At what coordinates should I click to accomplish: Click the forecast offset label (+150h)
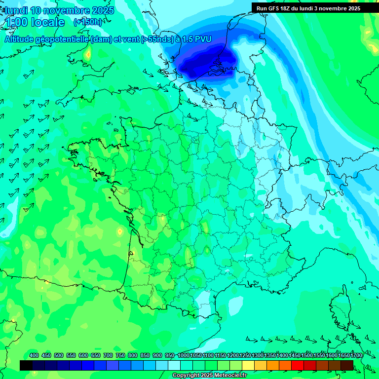[x=88, y=22]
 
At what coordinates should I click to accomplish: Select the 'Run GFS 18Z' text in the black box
[x=276, y=8]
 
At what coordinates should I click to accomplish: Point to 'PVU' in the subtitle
[x=202, y=39]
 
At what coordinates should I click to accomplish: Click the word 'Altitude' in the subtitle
[x=23, y=39]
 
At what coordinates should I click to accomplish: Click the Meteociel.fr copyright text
[x=209, y=376]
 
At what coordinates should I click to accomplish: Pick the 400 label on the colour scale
[x=34, y=356]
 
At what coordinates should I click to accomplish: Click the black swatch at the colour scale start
[x=26, y=365]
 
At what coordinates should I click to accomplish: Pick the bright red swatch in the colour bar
[x=298, y=365]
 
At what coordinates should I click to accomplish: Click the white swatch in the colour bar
[x=174, y=365]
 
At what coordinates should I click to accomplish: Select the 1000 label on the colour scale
[x=184, y=356]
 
